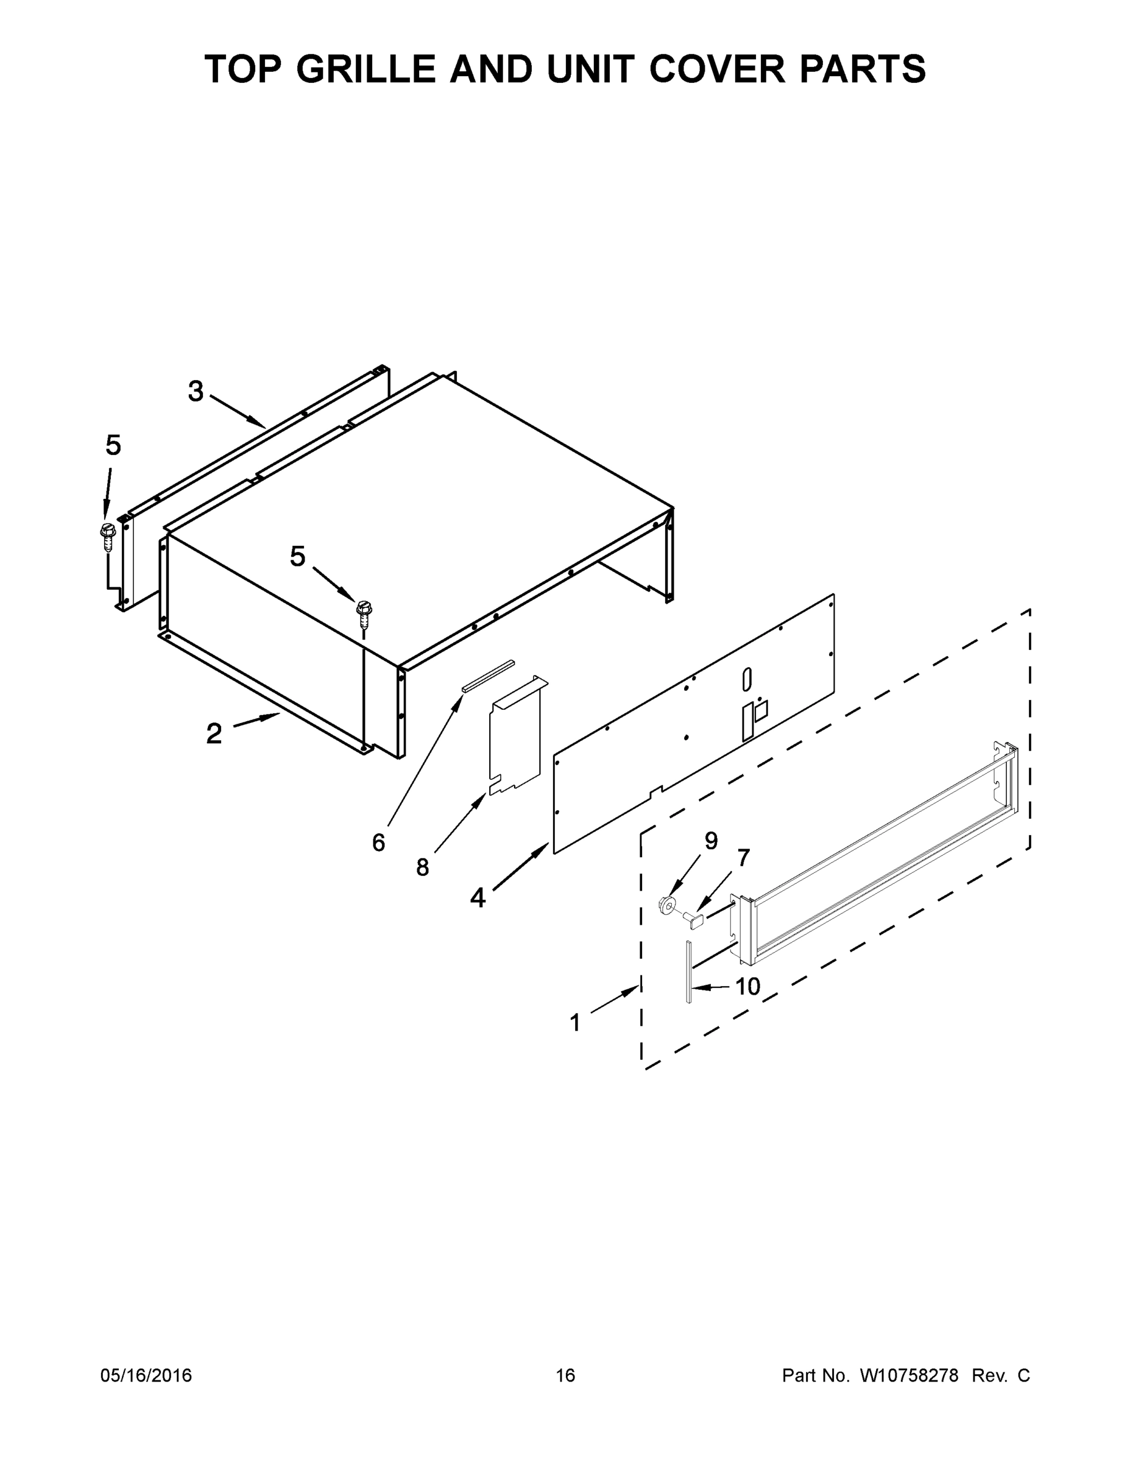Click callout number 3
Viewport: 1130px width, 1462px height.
click(196, 392)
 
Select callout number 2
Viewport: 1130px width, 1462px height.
click(214, 733)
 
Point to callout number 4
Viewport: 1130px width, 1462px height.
click(478, 898)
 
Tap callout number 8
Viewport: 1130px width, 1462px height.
click(422, 867)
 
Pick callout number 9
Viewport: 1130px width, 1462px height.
click(711, 841)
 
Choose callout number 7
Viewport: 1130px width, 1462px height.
click(743, 858)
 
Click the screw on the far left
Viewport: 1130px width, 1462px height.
click(107, 535)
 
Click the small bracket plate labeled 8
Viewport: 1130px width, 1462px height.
click(515, 737)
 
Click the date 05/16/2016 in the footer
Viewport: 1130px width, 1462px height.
click(146, 1375)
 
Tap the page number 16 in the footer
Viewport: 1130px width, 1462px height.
click(566, 1375)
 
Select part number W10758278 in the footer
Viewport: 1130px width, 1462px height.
click(908, 1375)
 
